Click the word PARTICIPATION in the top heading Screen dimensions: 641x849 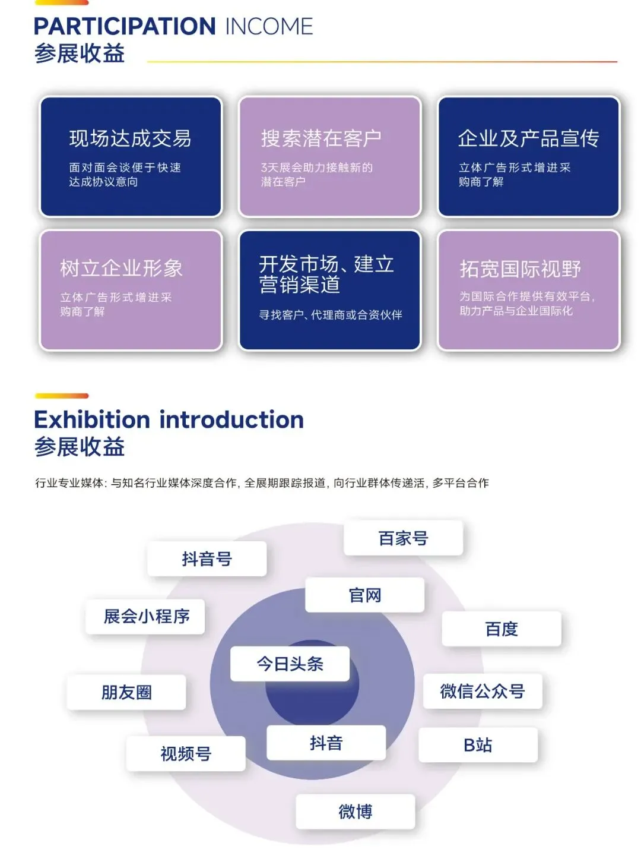click(124, 27)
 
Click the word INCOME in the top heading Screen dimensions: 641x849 click(269, 27)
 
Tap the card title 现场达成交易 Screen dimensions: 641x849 click(130, 138)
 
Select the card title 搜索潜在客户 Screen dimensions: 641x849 click(321, 138)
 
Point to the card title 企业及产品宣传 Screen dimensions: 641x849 click(528, 138)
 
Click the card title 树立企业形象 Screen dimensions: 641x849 click(121, 268)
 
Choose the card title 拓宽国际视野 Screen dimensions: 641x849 click(520, 269)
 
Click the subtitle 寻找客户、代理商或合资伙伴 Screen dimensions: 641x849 click(330, 315)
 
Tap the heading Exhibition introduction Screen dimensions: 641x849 click(169, 419)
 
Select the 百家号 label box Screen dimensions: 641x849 click(403, 538)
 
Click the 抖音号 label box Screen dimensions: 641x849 click(207, 559)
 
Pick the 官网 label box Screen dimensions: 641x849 click(364, 595)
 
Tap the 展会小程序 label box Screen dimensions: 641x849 click(146, 617)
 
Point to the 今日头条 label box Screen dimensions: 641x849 click(290, 664)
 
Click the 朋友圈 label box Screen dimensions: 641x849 click(126, 692)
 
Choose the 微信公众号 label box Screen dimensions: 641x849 click(482, 691)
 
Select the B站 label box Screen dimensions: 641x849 click(478, 745)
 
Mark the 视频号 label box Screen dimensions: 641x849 click(186, 754)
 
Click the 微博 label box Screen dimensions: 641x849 click(355, 812)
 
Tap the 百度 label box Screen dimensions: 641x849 click(502, 629)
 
